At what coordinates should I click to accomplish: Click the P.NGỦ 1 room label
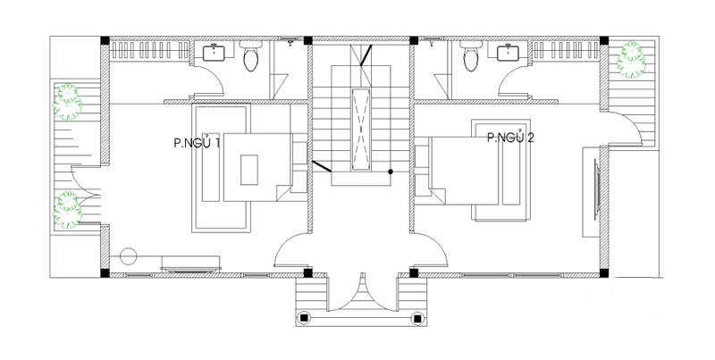pyautogui.click(x=197, y=142)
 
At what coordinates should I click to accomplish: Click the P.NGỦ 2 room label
pyautogui.click(x=510, y=137)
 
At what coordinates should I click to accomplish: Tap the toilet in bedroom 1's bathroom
pyautogui.click(x=250, y=56)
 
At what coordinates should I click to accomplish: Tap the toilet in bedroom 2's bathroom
pyautogui.click(x=471, y=56)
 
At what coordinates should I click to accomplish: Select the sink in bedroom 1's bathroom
pyautogui.click(x=214, y=52)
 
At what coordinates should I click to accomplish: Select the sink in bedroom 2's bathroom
pyautogui.click(x=508, y=52)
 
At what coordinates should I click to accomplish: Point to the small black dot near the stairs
pyautogui.click(x=391, y=172)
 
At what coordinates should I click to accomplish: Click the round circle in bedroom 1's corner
pyautogui.click(x=129, y=256)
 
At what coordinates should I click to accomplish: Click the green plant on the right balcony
pyautogui.click(x=631, y=59)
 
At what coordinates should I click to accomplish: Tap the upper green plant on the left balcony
pyautogui.click(x=68, y=102)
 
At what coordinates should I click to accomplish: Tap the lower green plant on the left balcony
pyautogui.click(x=68, y=210)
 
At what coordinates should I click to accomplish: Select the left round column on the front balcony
pyautogui.click(x=304, y=318)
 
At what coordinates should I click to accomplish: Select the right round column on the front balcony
pyautogui.click(x=416, y=318)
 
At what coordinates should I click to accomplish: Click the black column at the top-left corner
pyautogui.click(x=105, y=40)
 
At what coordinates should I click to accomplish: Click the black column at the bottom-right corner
pyautogui.click(x=604, y=273)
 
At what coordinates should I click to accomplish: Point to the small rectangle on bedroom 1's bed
pyautogui.click(x=249, y=170)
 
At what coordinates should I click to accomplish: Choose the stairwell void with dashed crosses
pyautogui.click(x=361, y=130)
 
